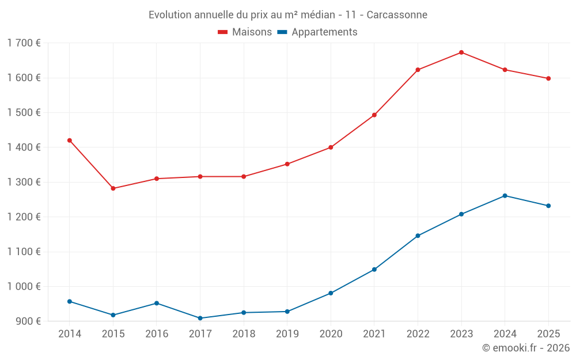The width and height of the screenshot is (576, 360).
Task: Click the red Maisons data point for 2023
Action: click(x=461, y=52)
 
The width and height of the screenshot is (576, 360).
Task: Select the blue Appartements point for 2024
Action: click(x=505, y=196)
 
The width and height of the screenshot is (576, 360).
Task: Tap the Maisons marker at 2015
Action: click(x=113, y=188)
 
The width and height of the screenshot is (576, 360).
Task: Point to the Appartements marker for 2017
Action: click(x=200, y=318)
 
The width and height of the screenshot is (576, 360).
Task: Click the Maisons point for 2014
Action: click(x=70, y=141)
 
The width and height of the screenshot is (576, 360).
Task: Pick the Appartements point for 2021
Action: click(x=374, y=270)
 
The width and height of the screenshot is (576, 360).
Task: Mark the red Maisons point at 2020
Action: click(x=331, y=147)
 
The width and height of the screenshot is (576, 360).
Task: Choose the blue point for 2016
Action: click(x=157, y=303)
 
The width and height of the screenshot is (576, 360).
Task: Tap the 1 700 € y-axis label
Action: click(x=24, y=43)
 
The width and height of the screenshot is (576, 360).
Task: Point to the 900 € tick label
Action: click(x=28, y=321)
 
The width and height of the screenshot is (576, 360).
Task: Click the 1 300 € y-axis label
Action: click(x=24, y=182)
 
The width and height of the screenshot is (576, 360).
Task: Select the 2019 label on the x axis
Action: click(x=287, y=334)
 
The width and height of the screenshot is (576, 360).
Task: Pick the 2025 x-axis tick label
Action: click(x=548, y=334)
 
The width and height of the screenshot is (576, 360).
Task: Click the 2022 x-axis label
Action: click(x=418, y=334)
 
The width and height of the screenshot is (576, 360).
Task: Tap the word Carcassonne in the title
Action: click(x=397, y=14)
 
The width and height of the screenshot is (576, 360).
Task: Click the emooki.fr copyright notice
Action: click(x=526, y=348)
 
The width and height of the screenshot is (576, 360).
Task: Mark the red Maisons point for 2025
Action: click(x=548, y=78)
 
